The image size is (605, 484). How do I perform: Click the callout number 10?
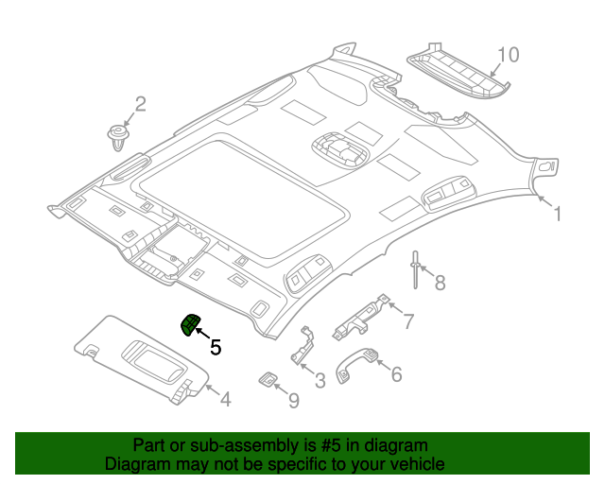pyautogui.click(x=508, y=55)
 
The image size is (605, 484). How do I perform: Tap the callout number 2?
pyautogui.click(x=140, y=104)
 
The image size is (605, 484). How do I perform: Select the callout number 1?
pyautogui.click(x=557, y=215)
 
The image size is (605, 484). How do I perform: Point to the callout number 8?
pyautogui.click(x=439, y=281)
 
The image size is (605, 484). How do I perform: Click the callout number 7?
pyautogui.click(x=407, y=321)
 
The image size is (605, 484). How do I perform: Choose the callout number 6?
pyautogui.click(x=395, y=374)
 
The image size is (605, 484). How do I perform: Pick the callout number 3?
pyautogui.click(x=320, y=380)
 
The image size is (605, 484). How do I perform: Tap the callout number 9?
pyautogui.click(x=293, y=401)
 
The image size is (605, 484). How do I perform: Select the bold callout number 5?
pyautogui.click(x=216, y=348)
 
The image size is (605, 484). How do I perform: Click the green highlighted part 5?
pyautogui.click(x=191, y=325)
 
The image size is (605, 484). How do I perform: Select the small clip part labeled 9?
pyautogui.click(x=268, y=379)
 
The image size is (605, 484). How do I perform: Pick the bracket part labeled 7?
pyautogui.click(x=361, y=316)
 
